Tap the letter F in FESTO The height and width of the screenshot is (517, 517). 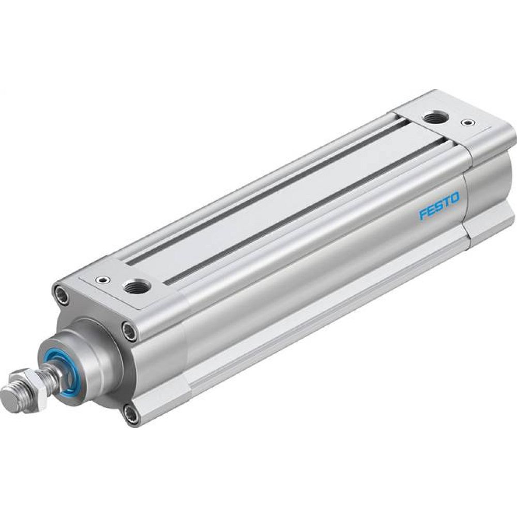pos(423,215)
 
